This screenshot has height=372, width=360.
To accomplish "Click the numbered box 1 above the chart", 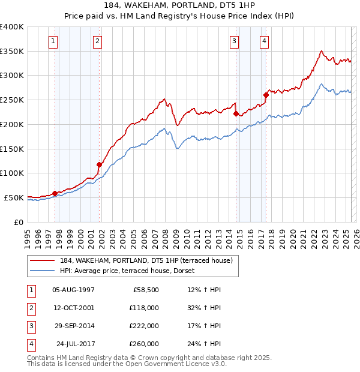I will [54, 41].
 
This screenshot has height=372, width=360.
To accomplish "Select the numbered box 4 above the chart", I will [264, 41].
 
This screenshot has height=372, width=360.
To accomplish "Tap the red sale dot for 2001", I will [100, 164].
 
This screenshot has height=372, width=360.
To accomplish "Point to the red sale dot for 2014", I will [236, 113].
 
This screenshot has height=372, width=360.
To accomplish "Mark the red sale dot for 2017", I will [266, 94].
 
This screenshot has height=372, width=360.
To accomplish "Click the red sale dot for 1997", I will [55, 193].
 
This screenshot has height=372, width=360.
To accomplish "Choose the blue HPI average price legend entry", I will [127, 271].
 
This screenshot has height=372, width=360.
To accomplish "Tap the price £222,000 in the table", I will [144, 326].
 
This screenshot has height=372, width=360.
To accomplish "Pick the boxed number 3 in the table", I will [30, 326].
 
